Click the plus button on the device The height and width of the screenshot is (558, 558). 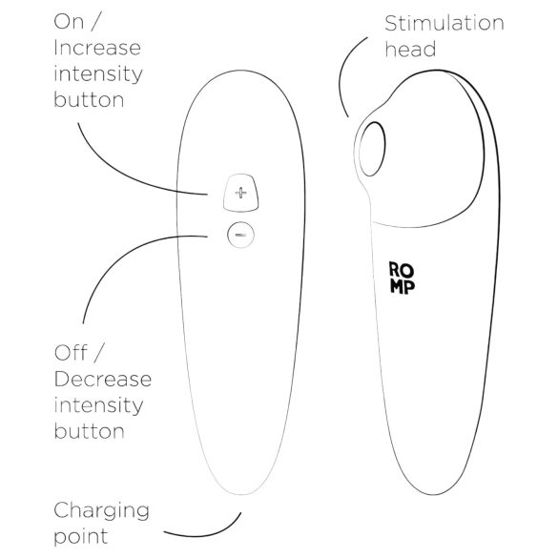(x=240, y=194)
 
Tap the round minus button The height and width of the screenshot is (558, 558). (x=240, y=233)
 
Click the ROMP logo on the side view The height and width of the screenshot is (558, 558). (x=402, y=279)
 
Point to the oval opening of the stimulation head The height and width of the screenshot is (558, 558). (x=372, y=153)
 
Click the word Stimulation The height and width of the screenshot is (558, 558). (x=443, y=22)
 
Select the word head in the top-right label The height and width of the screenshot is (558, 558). (x=409, y=49)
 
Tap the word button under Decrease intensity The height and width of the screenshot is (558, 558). (x=90, y=430)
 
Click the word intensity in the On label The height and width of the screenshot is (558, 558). (x=98, y=73)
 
